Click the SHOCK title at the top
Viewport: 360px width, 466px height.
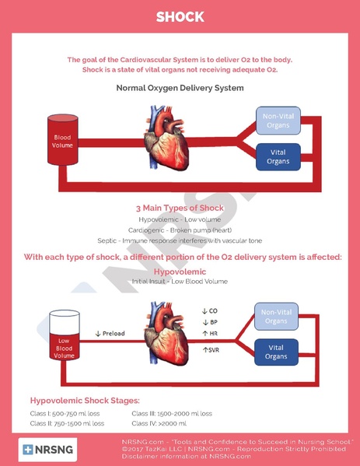[180, 17]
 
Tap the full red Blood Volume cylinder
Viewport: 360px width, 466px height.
[63, 140]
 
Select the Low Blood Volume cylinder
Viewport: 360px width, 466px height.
[65, 335]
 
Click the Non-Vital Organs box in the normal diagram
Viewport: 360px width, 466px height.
[278, 121]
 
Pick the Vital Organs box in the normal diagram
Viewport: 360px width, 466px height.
[278, 157]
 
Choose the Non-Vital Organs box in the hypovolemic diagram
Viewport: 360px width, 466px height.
[276, 317]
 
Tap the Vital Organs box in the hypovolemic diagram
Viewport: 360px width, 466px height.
[276, 352]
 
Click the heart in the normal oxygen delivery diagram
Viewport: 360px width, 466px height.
[166, 138]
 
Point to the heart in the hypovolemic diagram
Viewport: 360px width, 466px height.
[166, 334]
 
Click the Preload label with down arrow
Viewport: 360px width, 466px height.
[110, 334]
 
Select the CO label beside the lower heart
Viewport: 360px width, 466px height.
[210, 311]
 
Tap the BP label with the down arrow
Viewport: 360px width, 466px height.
[210, 322]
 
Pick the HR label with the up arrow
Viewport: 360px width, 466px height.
[210, 334]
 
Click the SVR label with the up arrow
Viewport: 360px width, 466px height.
[211, 350]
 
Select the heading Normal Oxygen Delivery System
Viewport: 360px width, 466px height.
[180, 88]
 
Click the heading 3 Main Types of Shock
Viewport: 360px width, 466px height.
[180, 208]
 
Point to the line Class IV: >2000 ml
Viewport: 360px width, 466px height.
[159, 423]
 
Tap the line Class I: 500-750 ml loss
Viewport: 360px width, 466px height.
[65, 413]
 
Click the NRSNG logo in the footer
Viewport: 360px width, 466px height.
[48, 450]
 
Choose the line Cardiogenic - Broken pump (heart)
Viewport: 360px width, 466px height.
[180, 230]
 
